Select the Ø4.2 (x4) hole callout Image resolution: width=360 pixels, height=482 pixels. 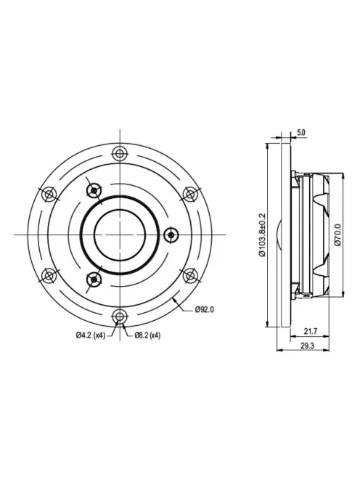point(90,335)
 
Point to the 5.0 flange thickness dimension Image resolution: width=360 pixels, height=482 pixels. point(301,133)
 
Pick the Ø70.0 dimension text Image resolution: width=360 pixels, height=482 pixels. point(337,234)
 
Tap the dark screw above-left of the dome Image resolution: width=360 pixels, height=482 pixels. point(94,189)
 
